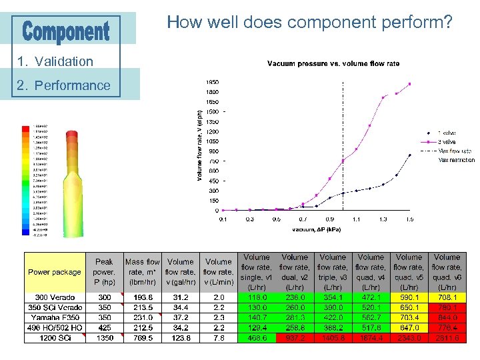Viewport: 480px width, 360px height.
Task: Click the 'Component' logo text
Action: [x=67, y=31]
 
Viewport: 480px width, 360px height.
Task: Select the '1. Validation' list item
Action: [x=55, y=61]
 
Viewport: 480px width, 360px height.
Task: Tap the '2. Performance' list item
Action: [x=64, y=85]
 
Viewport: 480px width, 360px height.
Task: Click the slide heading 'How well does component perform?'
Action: [x=309, y=23]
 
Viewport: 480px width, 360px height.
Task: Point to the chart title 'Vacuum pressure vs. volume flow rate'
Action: [x=333, y=64]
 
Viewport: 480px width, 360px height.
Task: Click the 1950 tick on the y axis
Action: [x=213, y=82]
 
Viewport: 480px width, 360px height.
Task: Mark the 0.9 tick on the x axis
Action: [x=329, y=219]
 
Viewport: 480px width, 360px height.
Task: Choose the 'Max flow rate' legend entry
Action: [x=455, y=151]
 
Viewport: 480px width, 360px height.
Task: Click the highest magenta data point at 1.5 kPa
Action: [x=409, y=84]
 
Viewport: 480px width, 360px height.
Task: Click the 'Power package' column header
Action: [x=55, y=272]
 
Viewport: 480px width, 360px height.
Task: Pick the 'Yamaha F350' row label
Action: [x=55, y=318]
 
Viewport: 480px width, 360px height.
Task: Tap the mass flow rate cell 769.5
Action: [x=142, y=339]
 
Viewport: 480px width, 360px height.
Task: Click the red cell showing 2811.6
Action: [x=447, y=339]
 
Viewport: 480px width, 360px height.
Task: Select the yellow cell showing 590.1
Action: [x=409, y=297]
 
